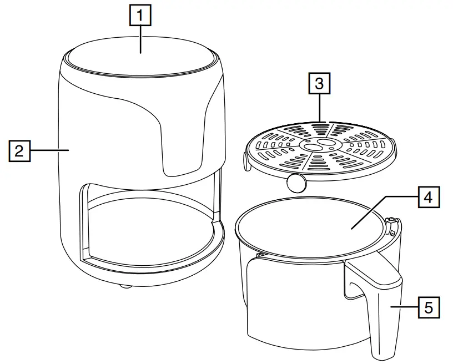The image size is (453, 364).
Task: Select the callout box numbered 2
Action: [x=19, y=150]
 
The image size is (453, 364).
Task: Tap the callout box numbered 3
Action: [x=319, y=84]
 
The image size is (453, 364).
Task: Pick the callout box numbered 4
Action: [x=427, y=197]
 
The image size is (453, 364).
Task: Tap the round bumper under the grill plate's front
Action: [x=296, y=182]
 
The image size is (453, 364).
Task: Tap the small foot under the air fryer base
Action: [x=125, y=286]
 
